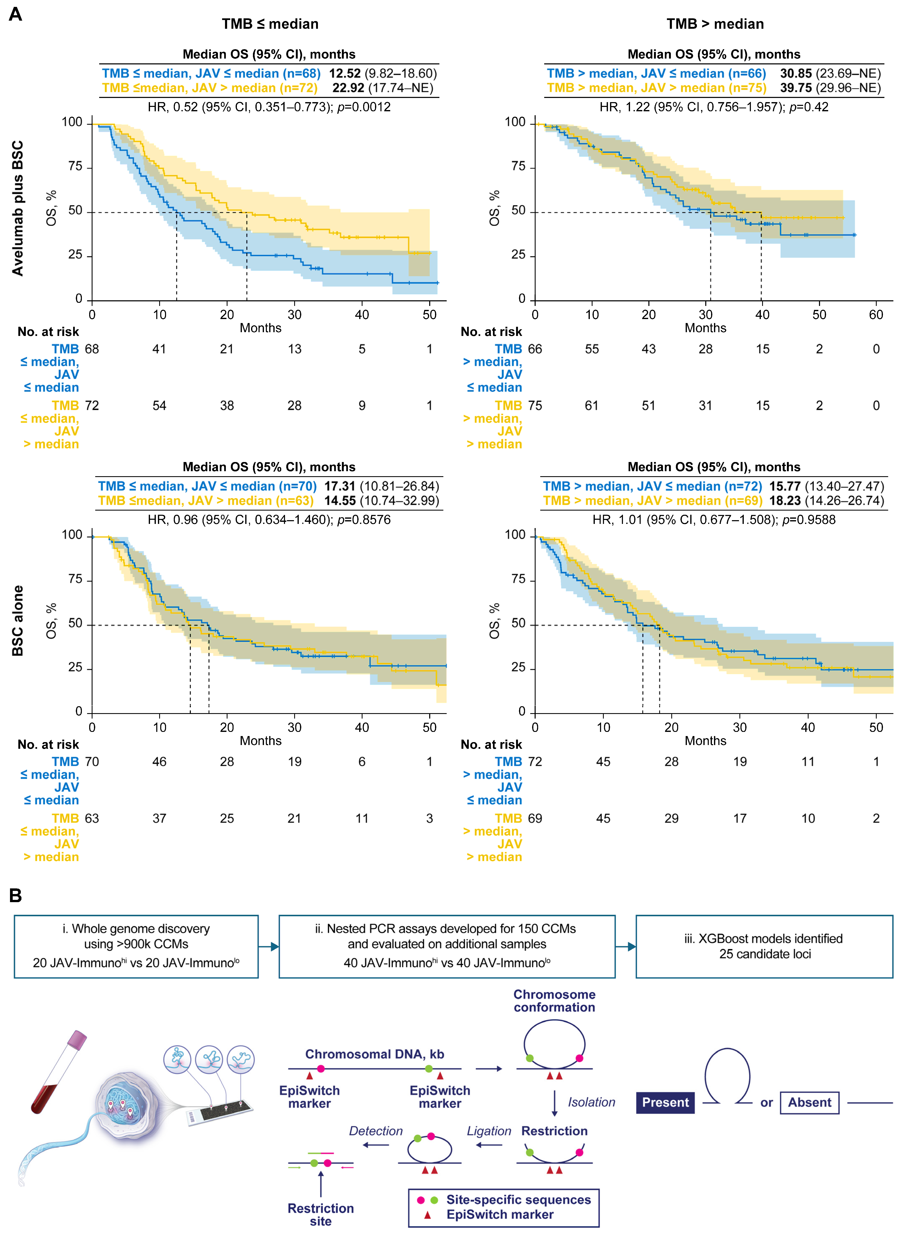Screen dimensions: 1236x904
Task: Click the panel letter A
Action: [15, 14]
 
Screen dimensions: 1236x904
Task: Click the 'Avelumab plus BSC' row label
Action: [18, 208]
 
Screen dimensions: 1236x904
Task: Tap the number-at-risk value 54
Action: [159, 406]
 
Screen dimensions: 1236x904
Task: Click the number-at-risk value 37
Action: [159, 818]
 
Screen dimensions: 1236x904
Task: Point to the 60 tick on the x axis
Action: [876, 315]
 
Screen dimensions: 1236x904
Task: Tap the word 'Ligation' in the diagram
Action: [489, 1131]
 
